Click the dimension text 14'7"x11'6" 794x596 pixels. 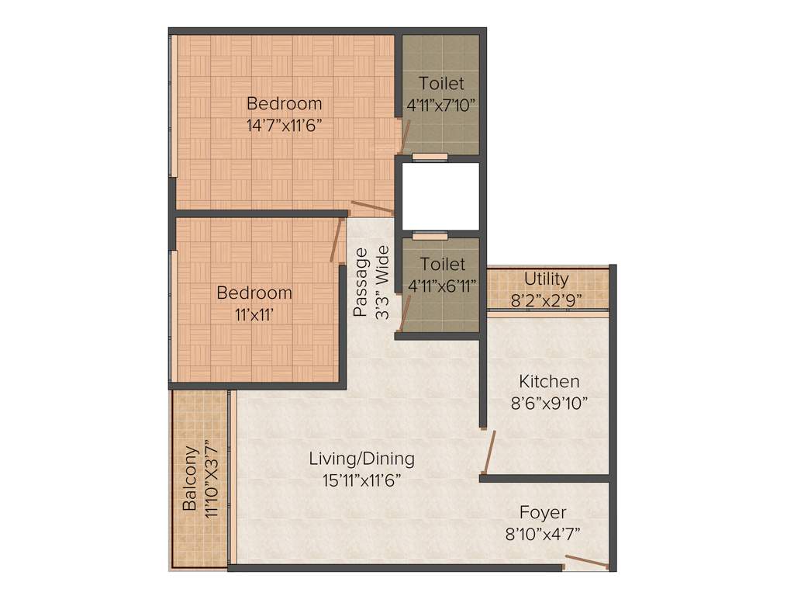(284, 126)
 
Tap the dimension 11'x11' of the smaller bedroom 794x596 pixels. (254, 315)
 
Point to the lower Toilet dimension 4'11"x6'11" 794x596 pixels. (441, 285)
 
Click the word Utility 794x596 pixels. (546, 279)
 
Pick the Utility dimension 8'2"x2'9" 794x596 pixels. (546, 299)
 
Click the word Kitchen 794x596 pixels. (549, 382)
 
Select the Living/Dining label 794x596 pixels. (361, 459)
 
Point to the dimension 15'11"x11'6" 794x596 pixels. (361, 480)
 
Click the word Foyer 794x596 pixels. (543, 513)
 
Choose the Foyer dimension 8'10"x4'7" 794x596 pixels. (543, 534)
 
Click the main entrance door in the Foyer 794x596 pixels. (587, 562)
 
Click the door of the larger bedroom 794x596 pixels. (372, 208)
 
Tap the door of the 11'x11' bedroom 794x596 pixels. (337, 241)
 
